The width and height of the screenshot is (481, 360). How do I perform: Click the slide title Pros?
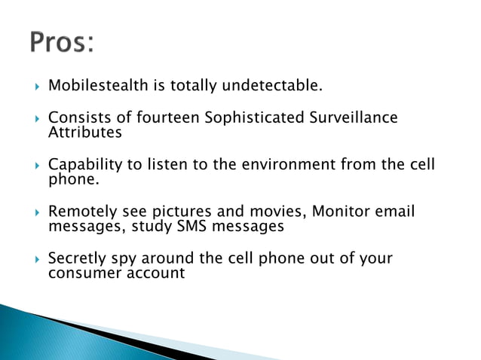coord(62,42)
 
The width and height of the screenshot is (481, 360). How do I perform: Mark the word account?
coord(155,273)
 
